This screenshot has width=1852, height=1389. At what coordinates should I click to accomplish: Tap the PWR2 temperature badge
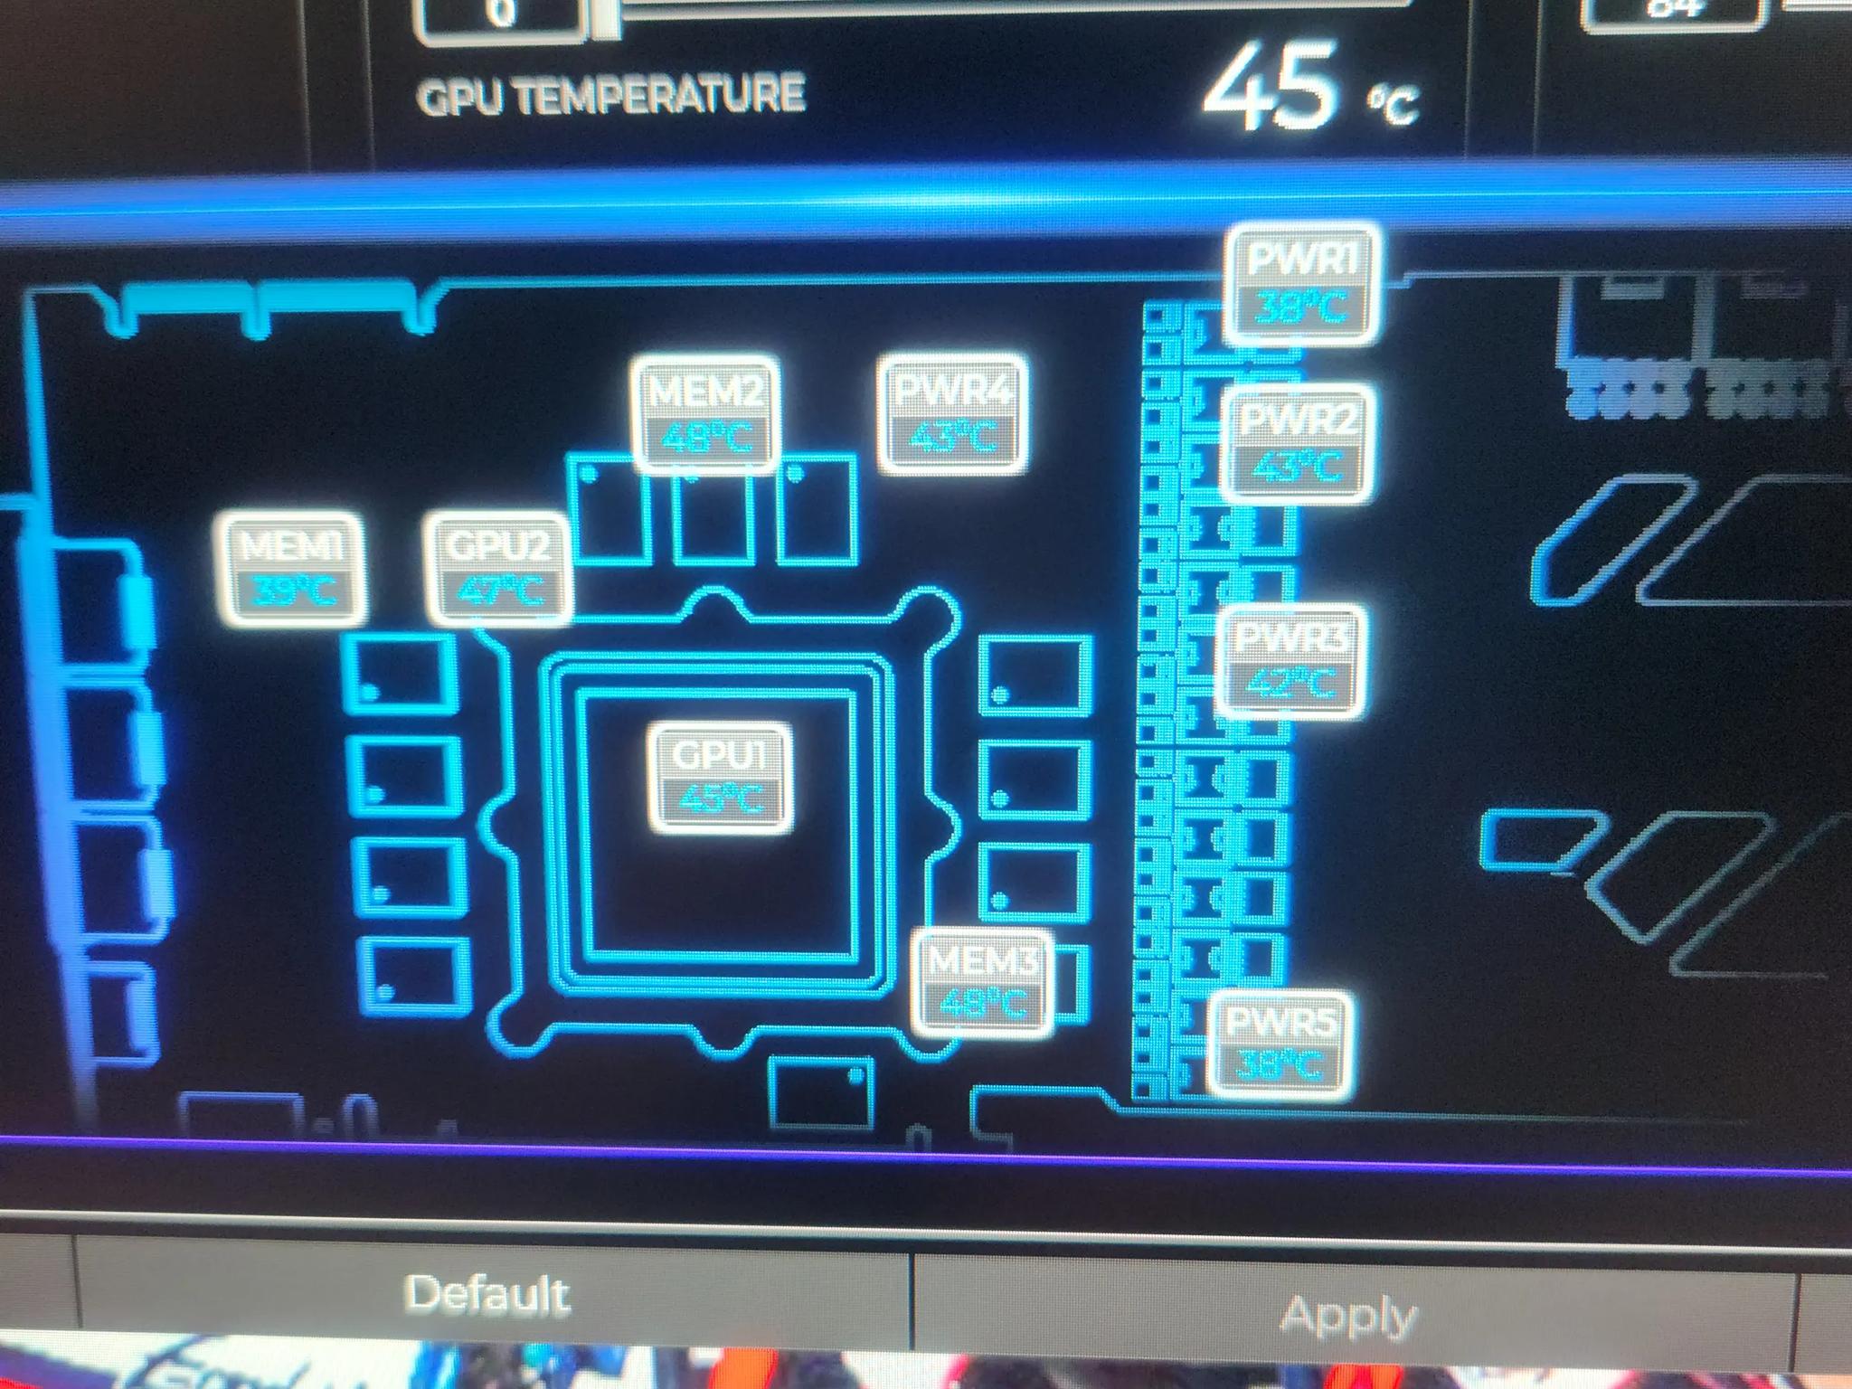tap(1297, 443)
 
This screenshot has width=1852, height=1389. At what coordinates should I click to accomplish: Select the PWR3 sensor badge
tap(1289, 661)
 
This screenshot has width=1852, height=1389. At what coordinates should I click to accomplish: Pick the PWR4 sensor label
tap(953, 413)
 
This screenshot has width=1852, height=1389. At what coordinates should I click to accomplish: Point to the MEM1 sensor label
tap(293, 569)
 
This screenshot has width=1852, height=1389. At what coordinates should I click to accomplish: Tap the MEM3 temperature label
tap(983, 981)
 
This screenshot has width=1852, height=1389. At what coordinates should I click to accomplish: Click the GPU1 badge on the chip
tap(721, 777)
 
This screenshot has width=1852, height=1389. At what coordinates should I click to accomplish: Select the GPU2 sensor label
tap(500, 569)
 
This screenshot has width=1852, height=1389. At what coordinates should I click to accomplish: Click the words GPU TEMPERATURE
tap(610, 95)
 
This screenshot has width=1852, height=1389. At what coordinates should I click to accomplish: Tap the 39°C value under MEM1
tap(294, 592)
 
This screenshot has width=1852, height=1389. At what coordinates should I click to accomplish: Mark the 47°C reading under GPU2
tap(500, 592)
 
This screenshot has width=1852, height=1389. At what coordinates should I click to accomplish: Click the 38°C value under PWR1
tap(1302, 308)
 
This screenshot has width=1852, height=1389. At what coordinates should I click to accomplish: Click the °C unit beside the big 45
tap(1393, 105)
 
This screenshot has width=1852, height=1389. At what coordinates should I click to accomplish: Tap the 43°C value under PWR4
tap(953, 438)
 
